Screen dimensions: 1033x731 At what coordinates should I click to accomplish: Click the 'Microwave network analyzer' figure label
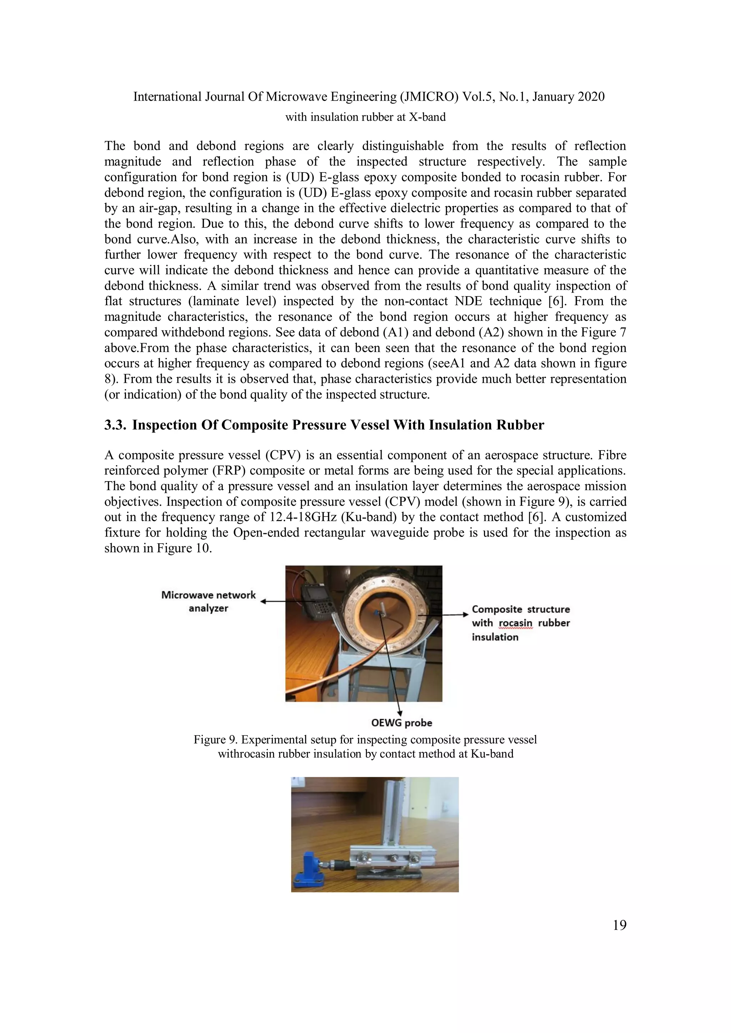tap(208, 601)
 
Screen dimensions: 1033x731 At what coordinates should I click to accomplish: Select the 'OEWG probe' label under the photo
tap(402, 723)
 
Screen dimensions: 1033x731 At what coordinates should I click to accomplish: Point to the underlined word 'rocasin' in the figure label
tap(515, 623)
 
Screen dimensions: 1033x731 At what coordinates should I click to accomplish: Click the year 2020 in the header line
tap(589, 97)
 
